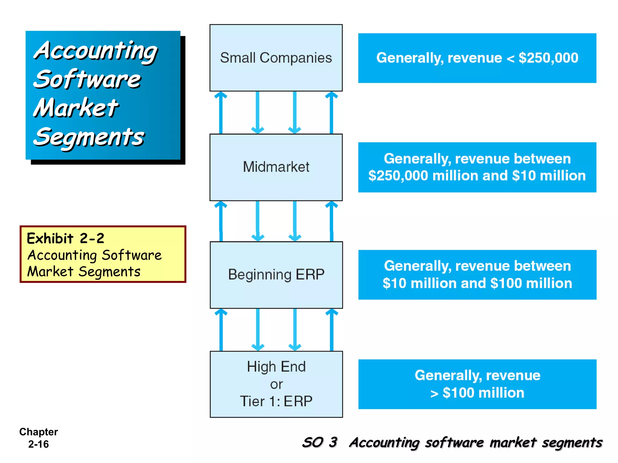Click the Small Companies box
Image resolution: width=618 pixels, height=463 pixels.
click(276, 58)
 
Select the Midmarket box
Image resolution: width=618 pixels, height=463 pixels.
click(276, 167)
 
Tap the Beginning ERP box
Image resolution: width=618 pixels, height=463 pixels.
click(276, 275)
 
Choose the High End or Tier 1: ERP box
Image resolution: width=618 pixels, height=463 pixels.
click(276, 384)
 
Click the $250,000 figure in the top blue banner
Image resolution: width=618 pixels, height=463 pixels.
click(548, 58)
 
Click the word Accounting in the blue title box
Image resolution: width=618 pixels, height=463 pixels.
click(95, 51)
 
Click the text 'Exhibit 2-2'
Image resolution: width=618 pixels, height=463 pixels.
click(65, 238)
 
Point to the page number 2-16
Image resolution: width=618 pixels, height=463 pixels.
click(38, 444)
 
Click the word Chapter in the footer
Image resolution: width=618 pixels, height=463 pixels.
click(38, 432)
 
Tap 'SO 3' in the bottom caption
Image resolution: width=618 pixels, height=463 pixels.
click(320, 443)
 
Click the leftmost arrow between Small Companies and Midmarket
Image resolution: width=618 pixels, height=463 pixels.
click(221, 112)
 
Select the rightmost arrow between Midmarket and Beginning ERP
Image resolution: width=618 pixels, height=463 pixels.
click(331, 221)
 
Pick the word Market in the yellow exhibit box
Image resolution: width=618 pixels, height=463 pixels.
click(50, 272)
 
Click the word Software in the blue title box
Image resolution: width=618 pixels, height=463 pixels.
click(87, 80)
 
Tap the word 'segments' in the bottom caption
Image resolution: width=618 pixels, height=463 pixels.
click(572, 443)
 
